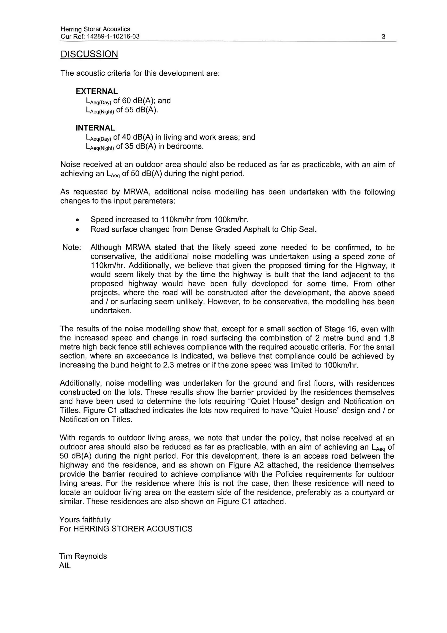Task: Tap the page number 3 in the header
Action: click(x=383, y=36)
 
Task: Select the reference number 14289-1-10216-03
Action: click(x=113, y=36)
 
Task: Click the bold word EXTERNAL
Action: click(x=97, y=91)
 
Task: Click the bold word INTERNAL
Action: click(x=95, y=128)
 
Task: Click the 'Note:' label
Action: click(x=72, y=247)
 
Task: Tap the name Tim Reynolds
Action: click(x=83, y=556)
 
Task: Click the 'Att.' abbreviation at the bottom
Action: click(x=65, y=565)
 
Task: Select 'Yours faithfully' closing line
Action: click(x=85, y=520)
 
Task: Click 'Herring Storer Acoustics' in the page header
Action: click(x=95, y=29)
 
